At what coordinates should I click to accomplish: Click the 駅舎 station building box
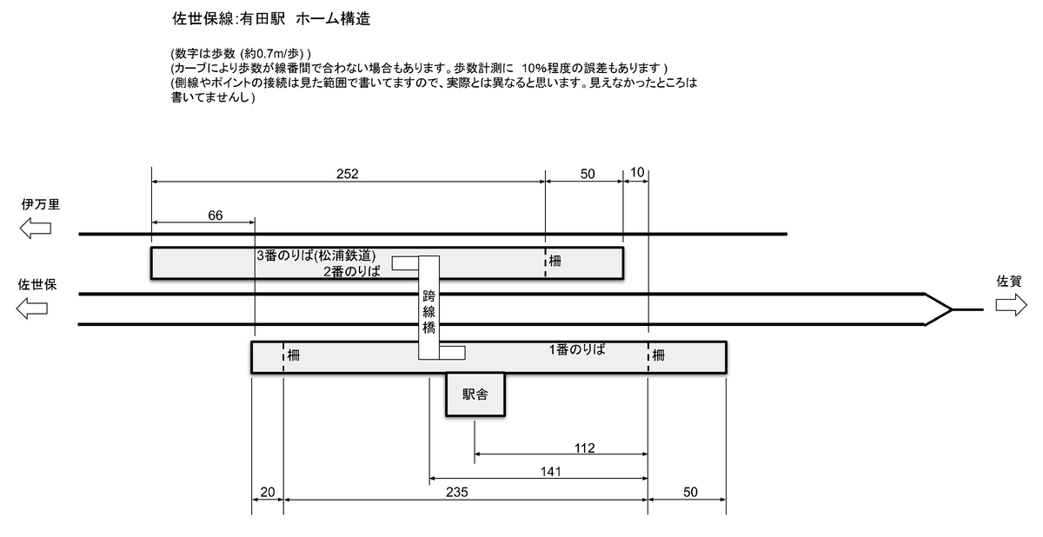click(475, 395)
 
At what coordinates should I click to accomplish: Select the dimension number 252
click(348, 174)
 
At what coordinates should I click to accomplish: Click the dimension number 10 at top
click(636, 174)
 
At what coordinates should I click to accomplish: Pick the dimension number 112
click(585, 448)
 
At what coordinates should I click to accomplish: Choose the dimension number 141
click(551, 472)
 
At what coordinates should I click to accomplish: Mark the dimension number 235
click(457, 493)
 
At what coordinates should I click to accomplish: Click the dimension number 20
click(268, 493)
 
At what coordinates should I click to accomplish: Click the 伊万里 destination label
click(40, 205)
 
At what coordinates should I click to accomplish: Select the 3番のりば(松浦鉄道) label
click(316, 256)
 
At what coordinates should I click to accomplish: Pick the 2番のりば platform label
click(351, 271)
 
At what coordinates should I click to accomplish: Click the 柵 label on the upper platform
click(555, 261)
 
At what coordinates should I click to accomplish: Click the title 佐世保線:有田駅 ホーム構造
click(272, 18)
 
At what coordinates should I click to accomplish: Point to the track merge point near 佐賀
click(951, 309)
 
